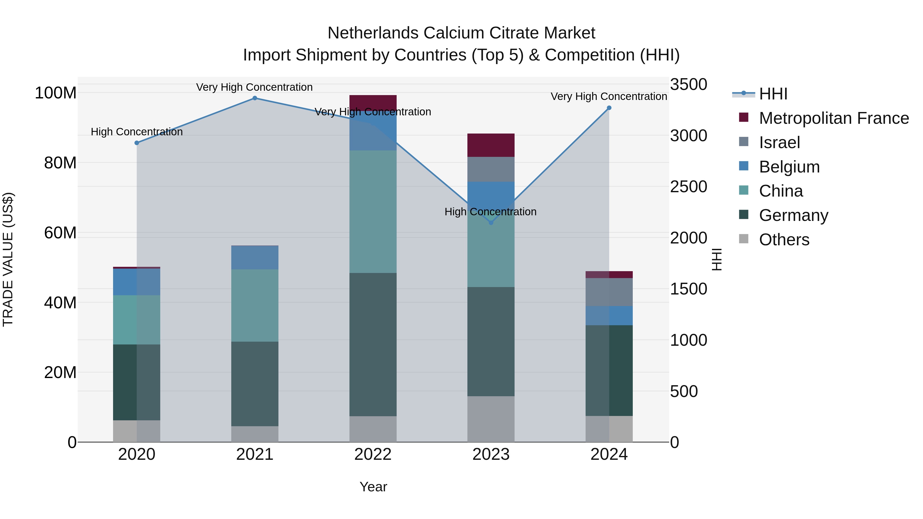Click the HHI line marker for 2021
point(255,98)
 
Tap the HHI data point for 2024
point(609,108)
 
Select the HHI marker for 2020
point(136,143)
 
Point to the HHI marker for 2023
point(491,223)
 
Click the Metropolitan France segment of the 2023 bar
point(491,145)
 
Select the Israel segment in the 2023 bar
point(491,169)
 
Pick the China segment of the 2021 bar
point(255,305)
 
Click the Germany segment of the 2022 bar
point(373,344)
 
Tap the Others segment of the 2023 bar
point(491,419)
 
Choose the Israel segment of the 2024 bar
point(609,292)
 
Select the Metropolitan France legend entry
point(834,118)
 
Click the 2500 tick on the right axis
point(689,187)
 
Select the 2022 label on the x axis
point(373,454)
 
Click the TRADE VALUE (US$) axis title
point(8,259)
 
